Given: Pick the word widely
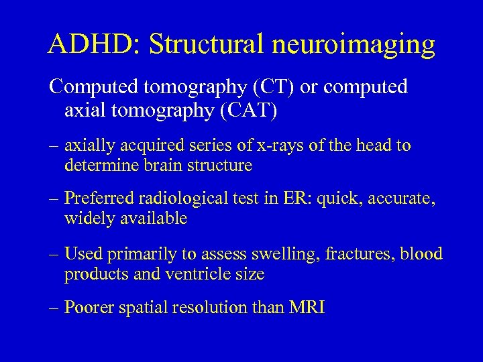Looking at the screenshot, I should pos(88,219).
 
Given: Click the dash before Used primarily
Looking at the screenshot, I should pos(55,254).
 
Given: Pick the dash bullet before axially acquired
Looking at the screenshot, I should pos(55,146).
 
